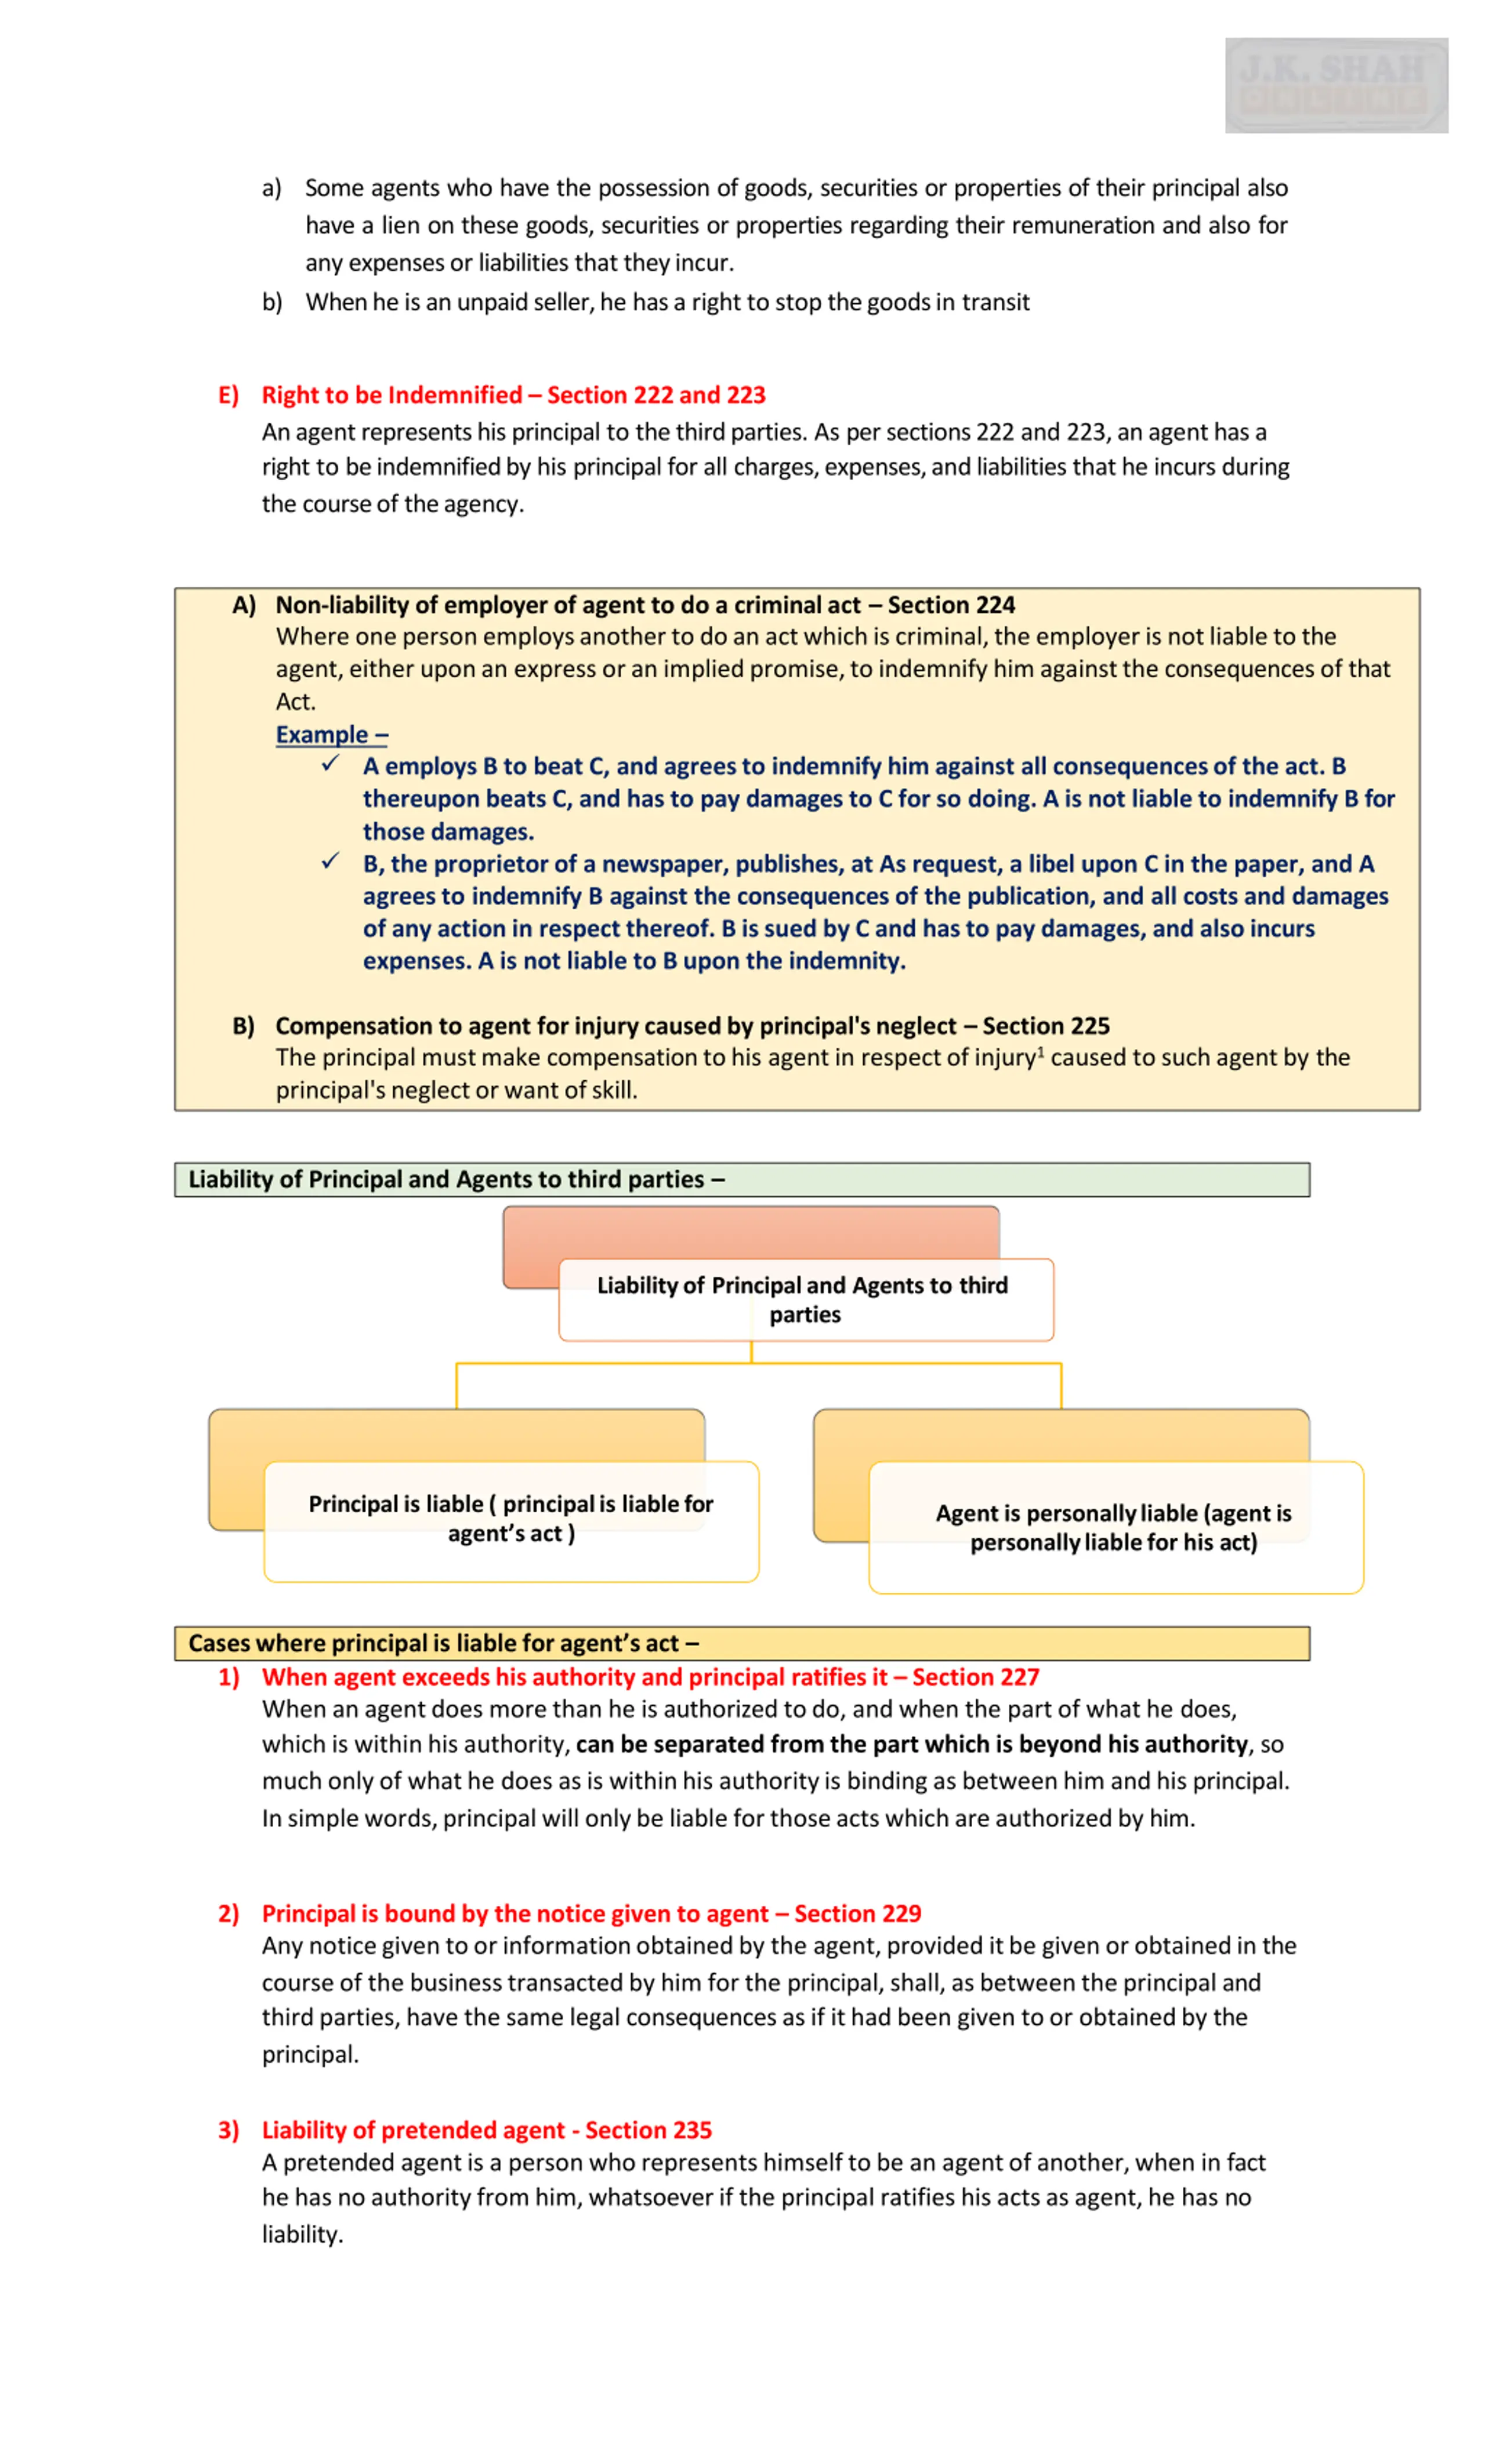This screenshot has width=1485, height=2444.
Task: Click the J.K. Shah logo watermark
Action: pos(1335,85)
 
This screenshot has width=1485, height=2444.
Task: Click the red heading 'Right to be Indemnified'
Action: pos(392,396)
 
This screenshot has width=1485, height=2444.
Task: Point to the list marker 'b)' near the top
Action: pos(272,303)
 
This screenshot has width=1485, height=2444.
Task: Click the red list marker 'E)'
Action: pos(228,396)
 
